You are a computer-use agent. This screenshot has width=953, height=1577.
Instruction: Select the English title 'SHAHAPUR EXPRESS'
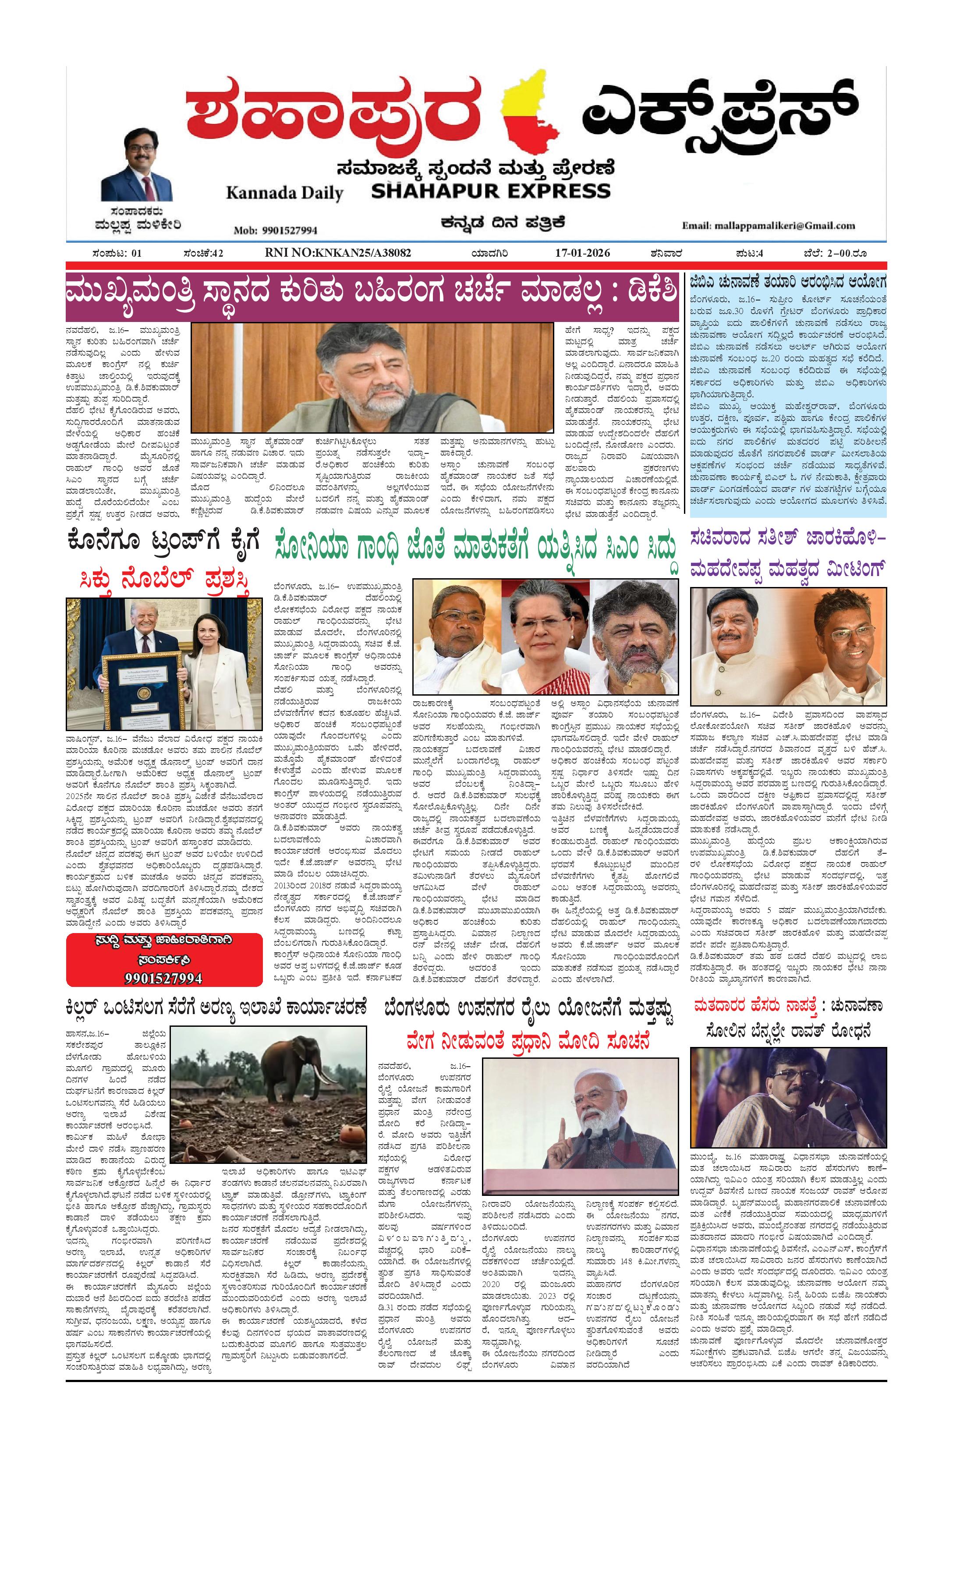(491, 191)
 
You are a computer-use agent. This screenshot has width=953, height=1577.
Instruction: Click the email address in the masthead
(768, 225)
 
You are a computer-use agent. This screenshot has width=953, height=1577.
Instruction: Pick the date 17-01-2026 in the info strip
(582, 253)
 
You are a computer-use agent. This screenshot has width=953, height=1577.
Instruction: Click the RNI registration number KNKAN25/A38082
(338, 253)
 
